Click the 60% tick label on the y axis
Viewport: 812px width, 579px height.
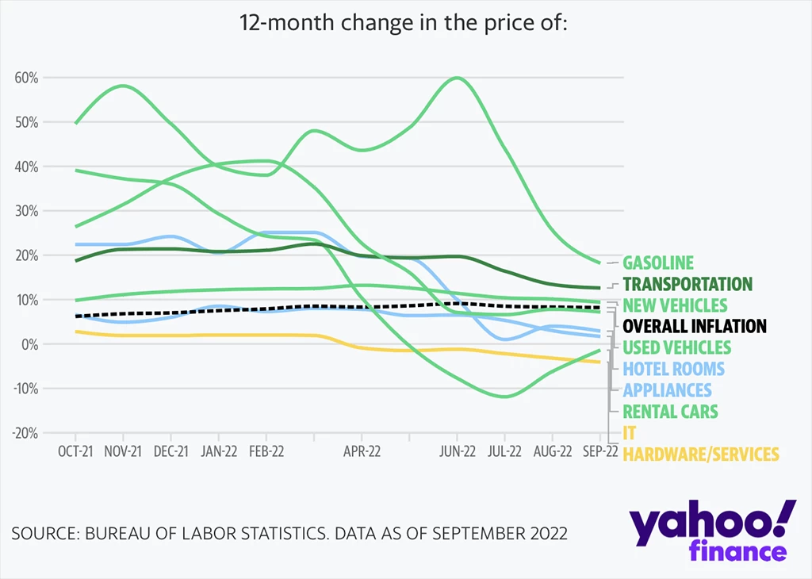pos(26,78)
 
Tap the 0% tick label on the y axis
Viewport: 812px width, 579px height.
pos(30,344)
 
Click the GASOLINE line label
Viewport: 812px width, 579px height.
pos(658,263)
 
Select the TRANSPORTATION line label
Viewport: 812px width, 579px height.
pos(688,284)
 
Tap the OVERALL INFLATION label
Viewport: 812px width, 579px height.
pos(695,326)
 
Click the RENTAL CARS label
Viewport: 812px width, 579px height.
pos(670,412)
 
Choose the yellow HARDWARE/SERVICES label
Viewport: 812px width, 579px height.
pos(701,454)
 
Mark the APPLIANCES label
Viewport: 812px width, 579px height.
pos(667,390)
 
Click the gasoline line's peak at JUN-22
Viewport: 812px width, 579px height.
pos(458,78)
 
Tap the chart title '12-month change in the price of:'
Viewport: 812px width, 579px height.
pos(404,23)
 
